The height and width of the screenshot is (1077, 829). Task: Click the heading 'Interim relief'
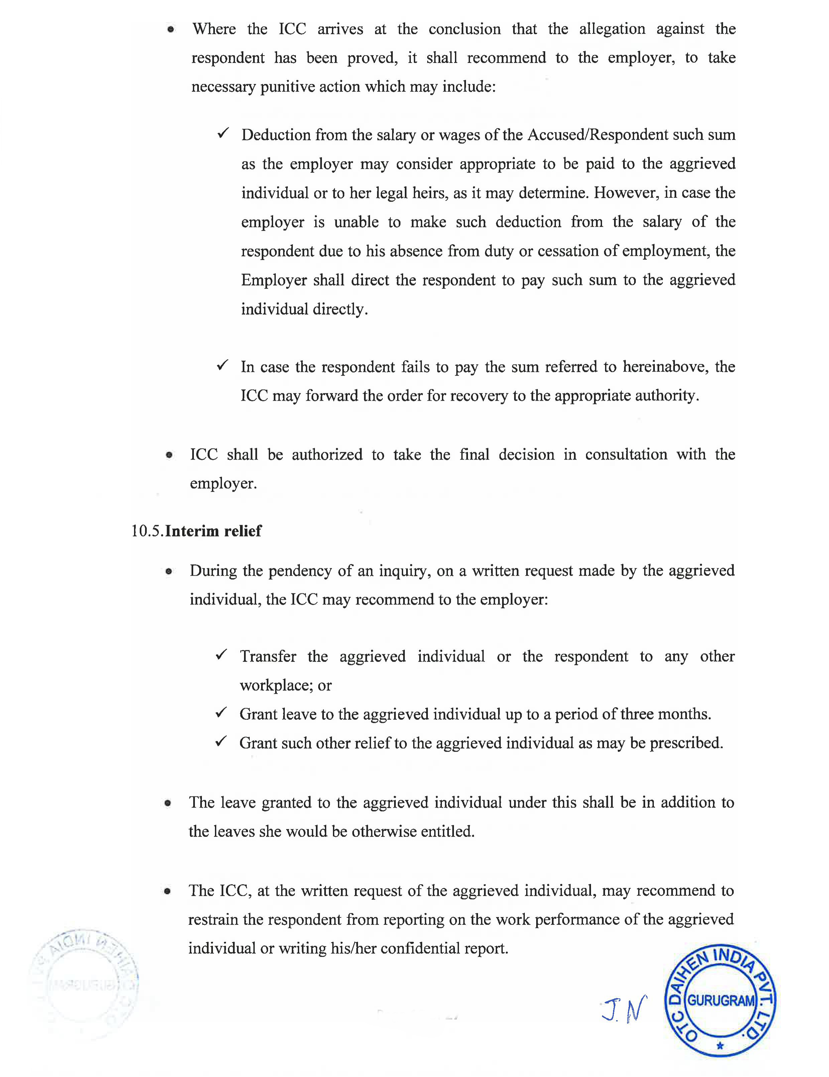pos(213,531)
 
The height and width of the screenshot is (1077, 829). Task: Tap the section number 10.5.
pos(147,531)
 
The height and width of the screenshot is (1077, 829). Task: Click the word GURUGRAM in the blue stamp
pos(721,1000)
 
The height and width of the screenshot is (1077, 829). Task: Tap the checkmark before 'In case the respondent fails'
pos(222,365)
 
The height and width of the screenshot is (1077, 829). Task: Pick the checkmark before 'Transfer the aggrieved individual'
pos(221,655)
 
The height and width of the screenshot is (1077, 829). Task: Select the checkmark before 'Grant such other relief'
pos(221,741)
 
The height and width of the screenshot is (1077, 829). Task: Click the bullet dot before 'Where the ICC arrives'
pos(170,29)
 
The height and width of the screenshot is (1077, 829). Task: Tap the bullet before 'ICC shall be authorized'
pos(169,455)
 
